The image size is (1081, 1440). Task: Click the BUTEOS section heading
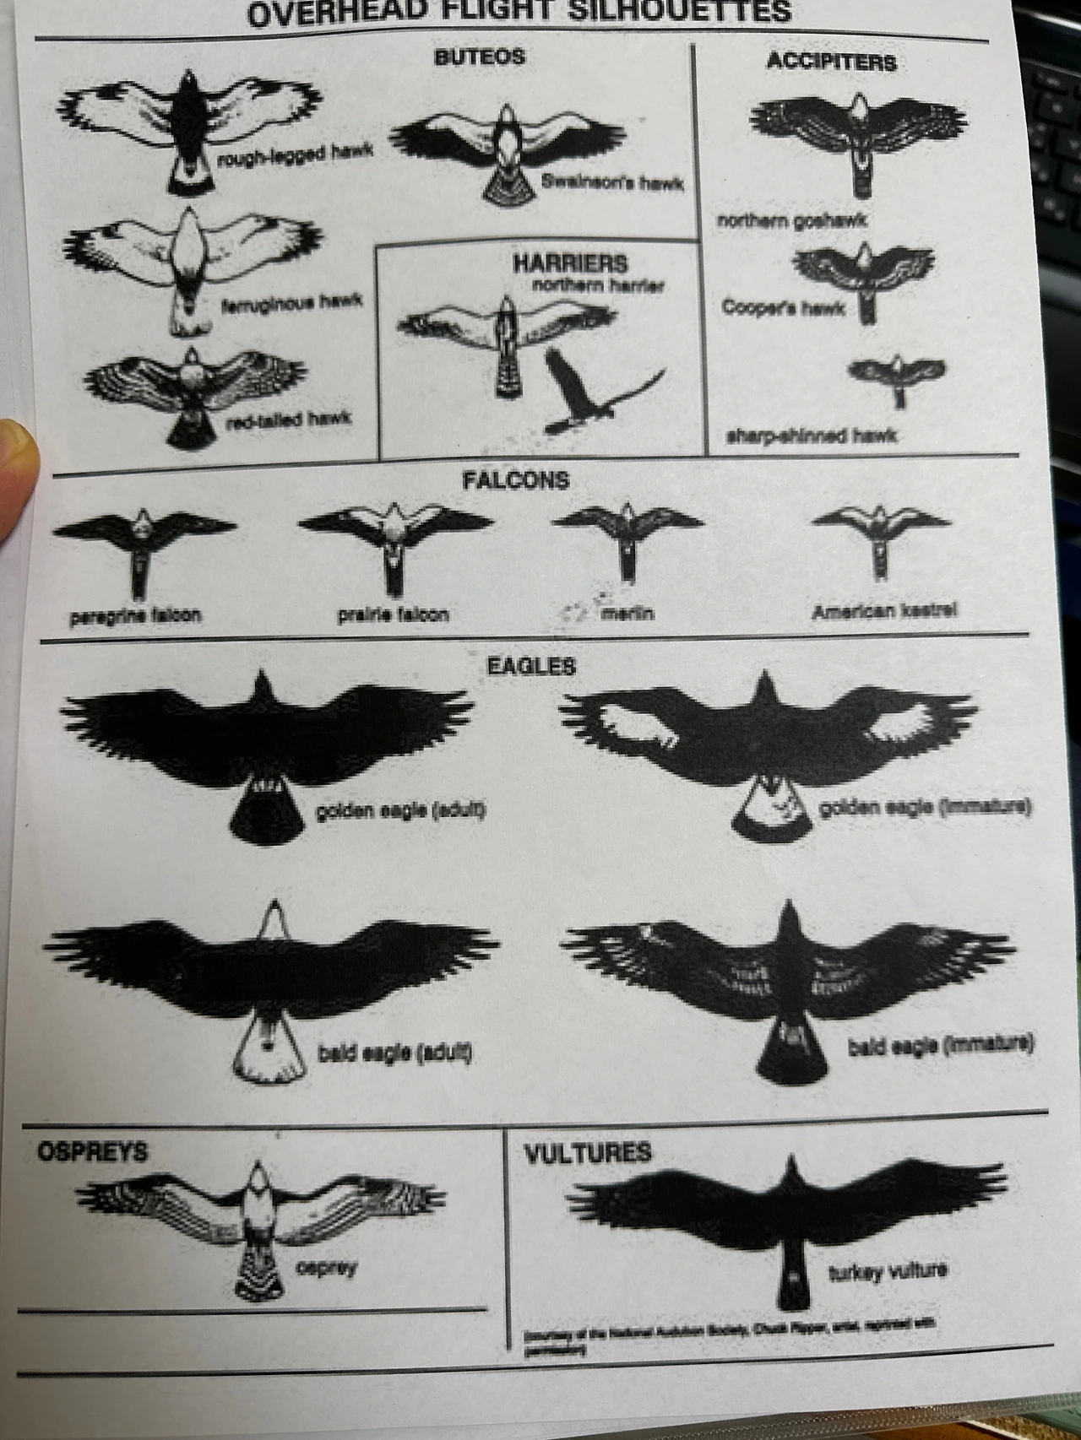tap(479, 57)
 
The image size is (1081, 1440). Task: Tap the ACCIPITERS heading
tap(831, 62)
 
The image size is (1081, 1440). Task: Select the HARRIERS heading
tap(570, 263)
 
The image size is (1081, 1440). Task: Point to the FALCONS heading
tap(515, 480)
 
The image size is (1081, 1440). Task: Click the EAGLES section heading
tap(531, 666)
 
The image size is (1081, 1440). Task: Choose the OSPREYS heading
tap(92, 1151)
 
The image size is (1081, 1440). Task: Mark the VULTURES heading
tap(588, 1153)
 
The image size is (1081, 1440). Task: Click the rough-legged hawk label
tap(295, 154)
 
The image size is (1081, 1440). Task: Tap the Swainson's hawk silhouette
tap(507, 148)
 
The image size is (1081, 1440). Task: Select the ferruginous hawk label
tap(291, 301)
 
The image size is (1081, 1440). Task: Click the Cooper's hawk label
tap(783, 307)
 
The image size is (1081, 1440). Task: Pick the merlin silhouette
tap(627, 532)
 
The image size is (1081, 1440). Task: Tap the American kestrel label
tap(884, 611)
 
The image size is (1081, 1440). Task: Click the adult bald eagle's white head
tap(274, 920)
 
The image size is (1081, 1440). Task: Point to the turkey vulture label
tap(888, 1271)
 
